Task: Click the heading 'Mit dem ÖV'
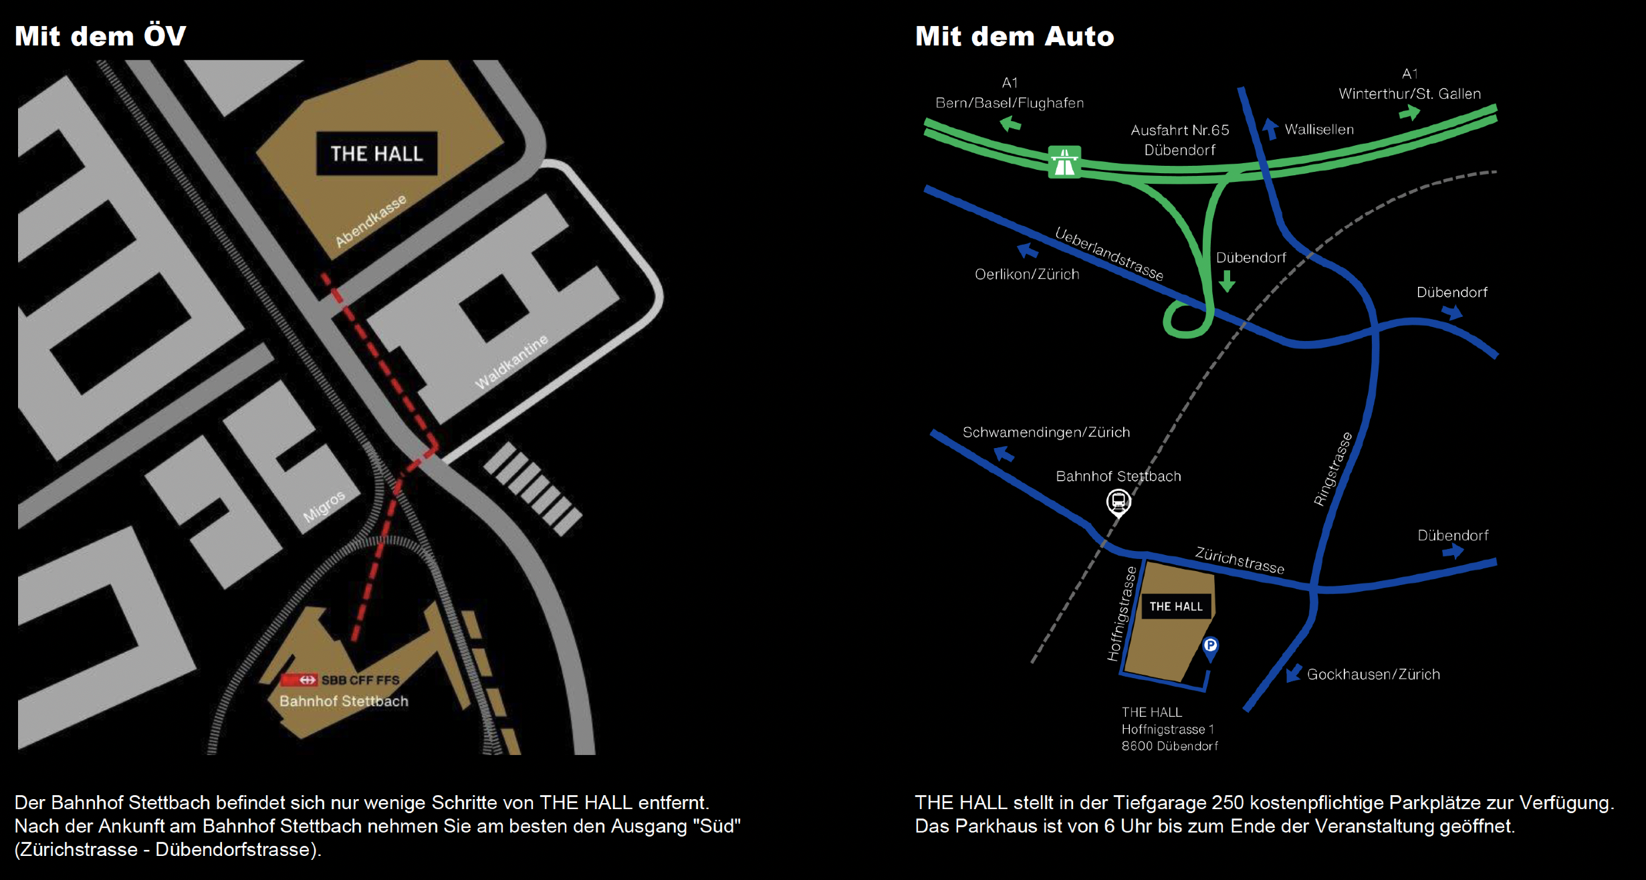pos(100,36)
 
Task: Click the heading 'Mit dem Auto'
pos(1014,36)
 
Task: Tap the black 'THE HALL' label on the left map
pos(376,154)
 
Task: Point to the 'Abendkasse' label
pos(370,221)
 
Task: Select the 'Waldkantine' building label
pos(511,362)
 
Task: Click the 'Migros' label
pos(324,506)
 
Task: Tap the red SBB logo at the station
pos(298,680)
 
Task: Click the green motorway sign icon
pos(1064,162)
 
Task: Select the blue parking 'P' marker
pos(1210,646)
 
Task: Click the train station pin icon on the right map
pos(1119,502)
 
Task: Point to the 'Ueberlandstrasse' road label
pos(1109,253)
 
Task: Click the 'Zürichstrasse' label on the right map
pos(1240,560)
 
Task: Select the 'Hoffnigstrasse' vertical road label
pos(1121,613)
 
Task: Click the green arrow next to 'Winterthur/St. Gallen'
pos(1409,113)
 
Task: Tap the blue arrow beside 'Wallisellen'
pos(1270,128)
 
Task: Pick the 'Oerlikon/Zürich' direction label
pos(1027,274)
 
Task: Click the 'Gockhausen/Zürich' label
pos(1373,674)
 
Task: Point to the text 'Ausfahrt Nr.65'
pos(1179,130)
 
